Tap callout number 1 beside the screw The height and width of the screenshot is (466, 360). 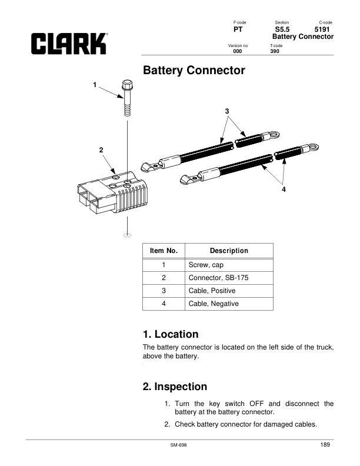pos(95,85)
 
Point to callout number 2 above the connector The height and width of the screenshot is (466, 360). pos(101,150)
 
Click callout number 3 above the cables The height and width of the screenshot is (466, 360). pos(227,111)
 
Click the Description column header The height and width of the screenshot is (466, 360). pos(229,251)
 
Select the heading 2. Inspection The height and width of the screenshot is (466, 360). pos(175,387)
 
